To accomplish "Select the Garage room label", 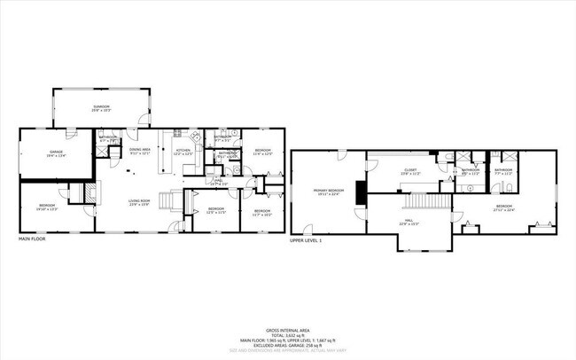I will tap(55, 154).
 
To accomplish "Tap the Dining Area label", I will tap(139, 152).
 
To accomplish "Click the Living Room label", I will tap(137, 203).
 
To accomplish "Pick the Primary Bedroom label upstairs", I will tap(328, 192).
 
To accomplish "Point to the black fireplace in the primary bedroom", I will tap(360, 192).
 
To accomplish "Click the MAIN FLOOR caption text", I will tap(33, 239).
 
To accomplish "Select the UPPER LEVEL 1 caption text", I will tap(306, 239).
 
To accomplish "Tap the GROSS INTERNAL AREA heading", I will tap(288, 328).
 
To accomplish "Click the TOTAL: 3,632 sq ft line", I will tap(288, 334).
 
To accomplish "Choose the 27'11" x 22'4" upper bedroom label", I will tap(504, 209).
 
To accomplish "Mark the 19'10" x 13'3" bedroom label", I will tap(47, 208).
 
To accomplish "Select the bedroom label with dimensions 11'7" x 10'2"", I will tap(261, 213).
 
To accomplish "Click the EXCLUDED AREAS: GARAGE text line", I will tap(288, 346).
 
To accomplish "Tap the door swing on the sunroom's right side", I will tap(144, 115).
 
